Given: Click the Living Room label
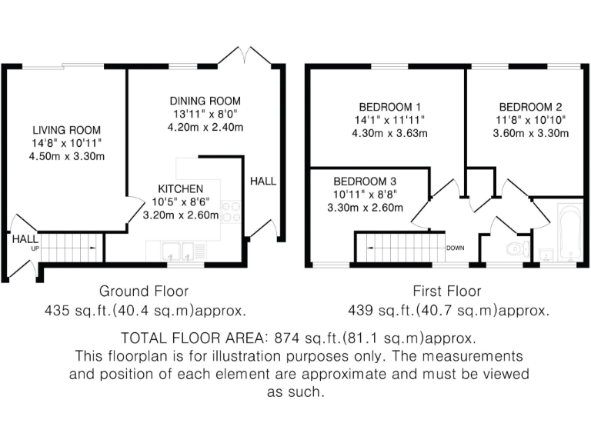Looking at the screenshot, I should point(66,130).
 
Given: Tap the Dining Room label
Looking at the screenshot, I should point(205,101).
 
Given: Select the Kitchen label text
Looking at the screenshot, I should point(181,188).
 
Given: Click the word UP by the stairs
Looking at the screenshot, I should point(35,249).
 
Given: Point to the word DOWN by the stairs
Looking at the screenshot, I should point(456,248).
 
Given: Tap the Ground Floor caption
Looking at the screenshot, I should point(144,291).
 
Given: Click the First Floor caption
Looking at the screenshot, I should point(447,291).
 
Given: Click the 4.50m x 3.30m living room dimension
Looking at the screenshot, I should point(66,157).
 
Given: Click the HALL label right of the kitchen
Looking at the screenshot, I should point(262,182).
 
